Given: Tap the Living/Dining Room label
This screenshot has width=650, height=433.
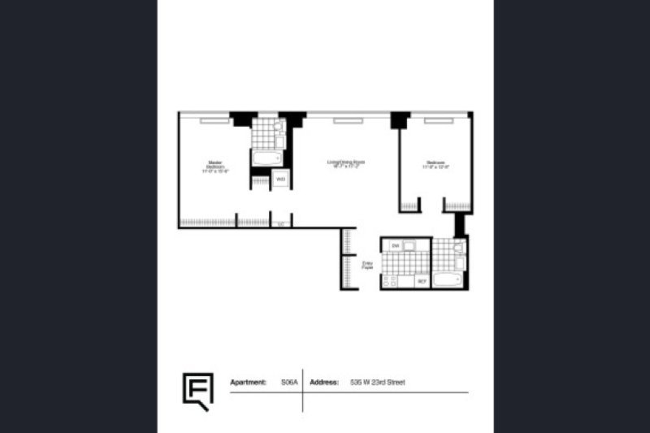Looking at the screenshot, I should click(346, 164).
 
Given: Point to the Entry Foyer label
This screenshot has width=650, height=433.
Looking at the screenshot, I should click(367, 265).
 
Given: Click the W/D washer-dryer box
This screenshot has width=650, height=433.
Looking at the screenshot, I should click(280, 180).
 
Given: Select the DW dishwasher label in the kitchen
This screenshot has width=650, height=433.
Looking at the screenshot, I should click(396, 245).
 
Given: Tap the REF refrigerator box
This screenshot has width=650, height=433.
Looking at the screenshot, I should click(422, 281).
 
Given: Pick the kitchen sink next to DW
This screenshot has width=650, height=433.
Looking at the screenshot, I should click(411, 245).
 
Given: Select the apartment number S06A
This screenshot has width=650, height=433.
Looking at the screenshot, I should click(288, 381).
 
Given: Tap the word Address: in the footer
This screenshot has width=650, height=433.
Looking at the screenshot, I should click(325, 381).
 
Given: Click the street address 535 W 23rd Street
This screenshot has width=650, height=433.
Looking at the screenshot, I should click(378, 381).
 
